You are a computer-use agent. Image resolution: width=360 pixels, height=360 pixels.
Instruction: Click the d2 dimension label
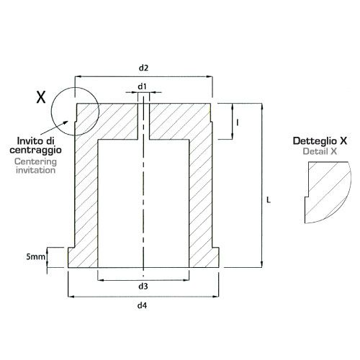(143, 68)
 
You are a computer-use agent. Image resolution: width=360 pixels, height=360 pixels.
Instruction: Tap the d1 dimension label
(142, 86)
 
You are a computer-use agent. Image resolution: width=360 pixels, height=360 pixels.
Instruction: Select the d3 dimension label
(143, 287)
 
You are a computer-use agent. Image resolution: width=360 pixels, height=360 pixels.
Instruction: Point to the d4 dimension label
(142, 305)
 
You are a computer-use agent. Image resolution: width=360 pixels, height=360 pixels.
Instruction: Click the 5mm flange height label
(35, 257)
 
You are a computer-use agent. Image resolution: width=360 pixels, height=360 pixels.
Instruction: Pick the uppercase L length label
(269, 199)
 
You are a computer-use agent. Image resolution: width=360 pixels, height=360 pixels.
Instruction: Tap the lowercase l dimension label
(238, 123)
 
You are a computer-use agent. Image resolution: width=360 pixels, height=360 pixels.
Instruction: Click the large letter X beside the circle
(41, 97)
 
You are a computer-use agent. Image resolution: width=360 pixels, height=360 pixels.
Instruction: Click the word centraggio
(35, 150)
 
